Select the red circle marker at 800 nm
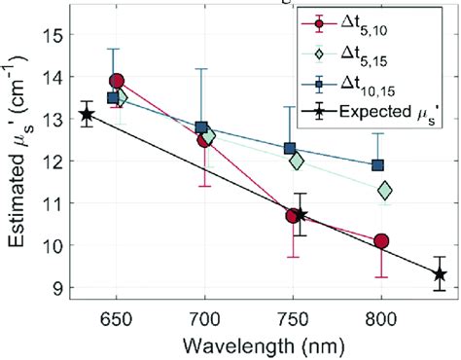pyautogui.click(x=381, y=241)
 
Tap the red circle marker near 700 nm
pyautogui.click(x=205, y=139)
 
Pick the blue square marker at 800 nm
pyautogui.click(x=378, y=165)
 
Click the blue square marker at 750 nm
pyautogui.click(x=290, y=149)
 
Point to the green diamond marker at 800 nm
pyautogui.click(x=385, y=190)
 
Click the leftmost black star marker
pyautogui.click(x=87, y=115)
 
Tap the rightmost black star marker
pyautogui.click(x=440, y=274)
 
